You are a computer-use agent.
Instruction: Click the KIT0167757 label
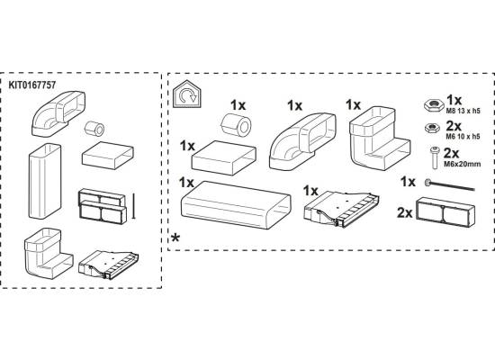click(x=31, y=85)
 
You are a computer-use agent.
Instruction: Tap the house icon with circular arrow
click(x=187, y=94)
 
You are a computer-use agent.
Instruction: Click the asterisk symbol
click(x=175, y=238)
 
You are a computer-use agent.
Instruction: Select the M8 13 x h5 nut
click(x=433, y=104)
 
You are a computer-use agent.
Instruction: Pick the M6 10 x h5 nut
click(x=432, y=128)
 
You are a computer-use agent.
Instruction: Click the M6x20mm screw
click(x=435, y=157)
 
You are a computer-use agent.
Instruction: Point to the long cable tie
click(x=449, y=185)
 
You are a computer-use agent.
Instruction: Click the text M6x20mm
click(x=463, y=164)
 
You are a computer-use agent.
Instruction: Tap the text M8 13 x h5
click(x=463, y=111)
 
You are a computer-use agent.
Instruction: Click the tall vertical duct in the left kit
click(x=45, y=181)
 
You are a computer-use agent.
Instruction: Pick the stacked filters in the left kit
click(x=103, y=206)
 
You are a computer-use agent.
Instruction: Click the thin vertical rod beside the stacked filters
click(x=134, y=206)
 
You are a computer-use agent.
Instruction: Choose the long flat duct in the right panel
click(x=236, y=204)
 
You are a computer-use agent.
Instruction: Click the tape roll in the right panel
click(x=237, y=125)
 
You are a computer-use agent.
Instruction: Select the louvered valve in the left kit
click(x=108, y=265)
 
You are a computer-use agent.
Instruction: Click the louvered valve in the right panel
click(x=342, y=209)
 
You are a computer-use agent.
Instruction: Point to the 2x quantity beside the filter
click(x=405, y=212)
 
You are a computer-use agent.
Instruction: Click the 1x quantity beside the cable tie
click(x=408, y=182)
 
